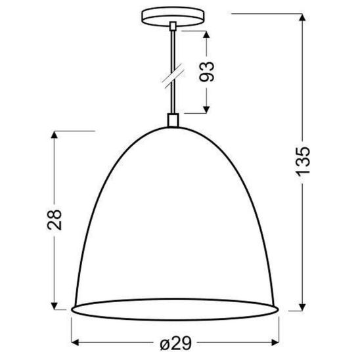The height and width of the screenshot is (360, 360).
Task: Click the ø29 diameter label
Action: [174, 342]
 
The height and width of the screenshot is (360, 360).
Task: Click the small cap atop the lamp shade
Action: [173, 120]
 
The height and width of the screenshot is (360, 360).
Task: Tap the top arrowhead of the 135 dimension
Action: [302, 18]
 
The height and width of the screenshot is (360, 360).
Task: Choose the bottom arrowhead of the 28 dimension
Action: [56, 307]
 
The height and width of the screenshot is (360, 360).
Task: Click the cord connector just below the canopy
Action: [173, 26]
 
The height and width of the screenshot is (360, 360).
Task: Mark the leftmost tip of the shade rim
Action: [71, 309]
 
